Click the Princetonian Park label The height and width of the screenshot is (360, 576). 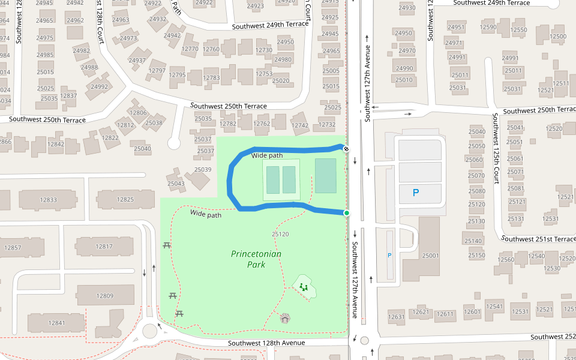point(256,259)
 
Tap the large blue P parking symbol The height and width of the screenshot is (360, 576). point(416,193)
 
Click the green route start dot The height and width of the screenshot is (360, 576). point(347,213)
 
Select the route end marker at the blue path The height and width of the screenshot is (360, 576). point(346,148)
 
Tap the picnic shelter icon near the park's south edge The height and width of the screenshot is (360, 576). point(286,318)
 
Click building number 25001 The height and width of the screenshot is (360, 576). point(430,256)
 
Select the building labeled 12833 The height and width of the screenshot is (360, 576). point(48,200)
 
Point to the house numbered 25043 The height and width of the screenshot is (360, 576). point(176,184)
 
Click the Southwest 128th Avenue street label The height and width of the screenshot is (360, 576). point(266,343)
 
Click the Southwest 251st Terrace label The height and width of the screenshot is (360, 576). point(538,239)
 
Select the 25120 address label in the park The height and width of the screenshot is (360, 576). point(280,234)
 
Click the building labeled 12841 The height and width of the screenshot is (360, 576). point(56,323)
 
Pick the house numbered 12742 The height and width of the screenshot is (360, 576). point(299,125)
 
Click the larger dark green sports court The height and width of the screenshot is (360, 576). point(326,175)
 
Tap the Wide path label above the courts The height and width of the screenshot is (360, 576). point(267,155)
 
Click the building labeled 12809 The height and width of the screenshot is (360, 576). point(104,296)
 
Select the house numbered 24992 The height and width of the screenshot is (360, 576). point(100,86)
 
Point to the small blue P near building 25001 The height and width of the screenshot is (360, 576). point(389,255)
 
